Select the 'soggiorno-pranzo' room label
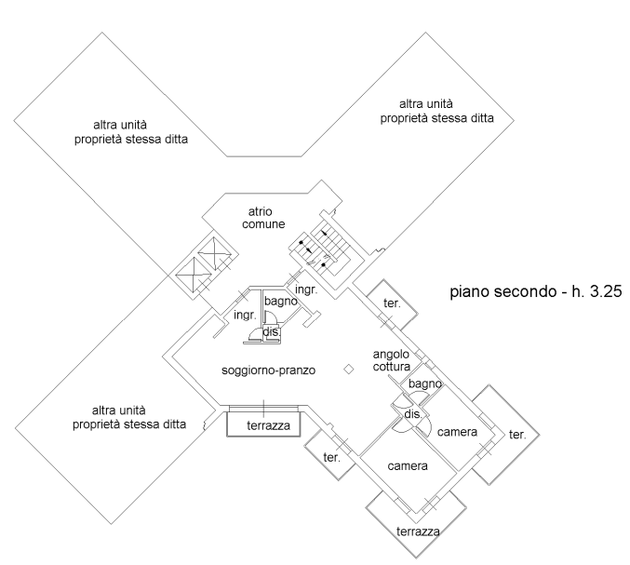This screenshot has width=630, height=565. point(270,370)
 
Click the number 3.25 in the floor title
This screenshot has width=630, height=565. point(593,291)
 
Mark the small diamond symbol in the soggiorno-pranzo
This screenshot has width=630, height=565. point(348,369)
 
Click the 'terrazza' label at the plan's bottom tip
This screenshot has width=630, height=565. point(414,532)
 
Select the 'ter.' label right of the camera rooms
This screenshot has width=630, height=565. point(517,435)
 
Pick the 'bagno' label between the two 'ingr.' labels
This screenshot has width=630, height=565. point(280,302)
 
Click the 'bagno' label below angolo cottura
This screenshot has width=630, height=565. point(423,383)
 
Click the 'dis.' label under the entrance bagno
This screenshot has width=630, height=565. point(272,331)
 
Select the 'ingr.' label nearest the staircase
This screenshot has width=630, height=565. point(306,289)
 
